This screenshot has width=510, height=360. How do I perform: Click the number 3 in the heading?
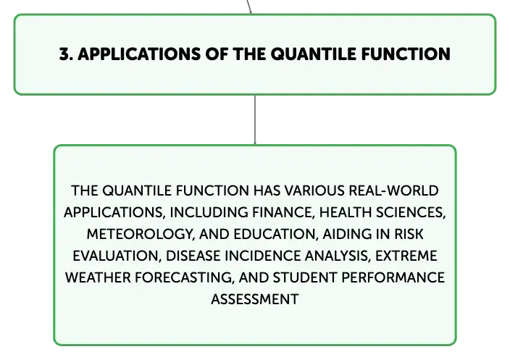pyautogui.click(x=64, y=54)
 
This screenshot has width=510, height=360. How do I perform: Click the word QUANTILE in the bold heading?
pyautogui.click(x=314, y=54)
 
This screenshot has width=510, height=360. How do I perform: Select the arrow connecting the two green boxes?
pyautogui.click(x=255, y=120)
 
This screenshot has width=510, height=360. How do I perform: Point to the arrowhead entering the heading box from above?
pyautogui.click(x=251, y=12)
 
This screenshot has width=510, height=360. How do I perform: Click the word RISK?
pyautogui.click(x=409, y=234)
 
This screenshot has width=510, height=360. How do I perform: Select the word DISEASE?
pyautogui.click(x=193, y=256)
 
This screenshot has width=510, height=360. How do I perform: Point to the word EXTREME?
pyautogui.click(x=406, y=256)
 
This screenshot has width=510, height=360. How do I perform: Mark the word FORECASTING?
pyautogui.click(x=185, y=278)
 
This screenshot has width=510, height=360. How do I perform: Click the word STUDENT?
pyautogui.click(x=305, y=277)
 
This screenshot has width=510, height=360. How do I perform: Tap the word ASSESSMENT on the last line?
pyautogui.click(x=255, y=299)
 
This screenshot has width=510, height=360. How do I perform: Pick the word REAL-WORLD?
pyautogui.click(x=393, y=191)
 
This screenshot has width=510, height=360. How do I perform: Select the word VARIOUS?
pyautogui.click(x=314, y=191)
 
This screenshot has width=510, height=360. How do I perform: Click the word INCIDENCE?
pyautogui.click(x=262, y=256)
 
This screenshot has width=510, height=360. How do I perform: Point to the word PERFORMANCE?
pyautogui.click(x=393, y=277)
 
